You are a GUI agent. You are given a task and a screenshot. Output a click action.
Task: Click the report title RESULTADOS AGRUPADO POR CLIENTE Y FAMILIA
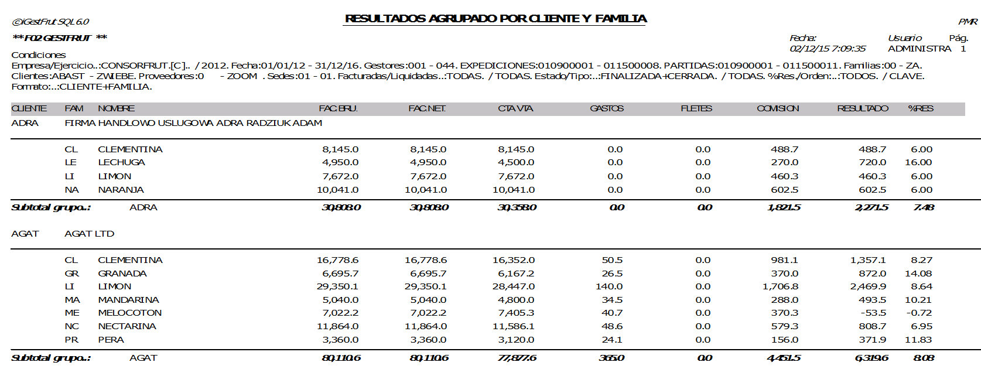(495, 19)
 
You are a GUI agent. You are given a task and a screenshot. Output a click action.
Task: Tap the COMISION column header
(777, 108)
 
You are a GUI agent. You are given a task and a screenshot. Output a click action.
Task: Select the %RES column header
(920, 108)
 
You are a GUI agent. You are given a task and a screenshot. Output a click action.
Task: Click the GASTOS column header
(607, 108)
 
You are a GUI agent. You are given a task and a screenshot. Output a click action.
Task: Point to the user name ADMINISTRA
(919, 49)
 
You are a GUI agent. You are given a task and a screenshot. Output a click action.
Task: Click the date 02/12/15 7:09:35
(827, 49)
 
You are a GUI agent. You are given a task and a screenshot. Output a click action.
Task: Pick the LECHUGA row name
(121, 162)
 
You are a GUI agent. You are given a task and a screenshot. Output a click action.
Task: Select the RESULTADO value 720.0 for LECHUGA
(872, 162)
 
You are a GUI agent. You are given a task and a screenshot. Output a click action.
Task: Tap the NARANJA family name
(121, 190)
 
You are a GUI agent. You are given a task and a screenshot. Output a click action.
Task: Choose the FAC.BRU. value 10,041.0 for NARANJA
(337, 190)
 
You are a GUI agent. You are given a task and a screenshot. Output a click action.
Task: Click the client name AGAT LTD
(89, 234)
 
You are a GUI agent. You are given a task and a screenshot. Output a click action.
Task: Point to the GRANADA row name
(122, 274)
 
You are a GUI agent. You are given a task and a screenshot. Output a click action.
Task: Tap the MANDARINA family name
(128, 300)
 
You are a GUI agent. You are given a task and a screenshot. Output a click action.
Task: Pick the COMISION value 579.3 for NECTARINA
(784, 326)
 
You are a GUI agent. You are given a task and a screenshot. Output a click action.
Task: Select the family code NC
(71, 326)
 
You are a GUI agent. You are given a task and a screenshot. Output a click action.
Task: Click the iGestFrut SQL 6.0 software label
(50, 22)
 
